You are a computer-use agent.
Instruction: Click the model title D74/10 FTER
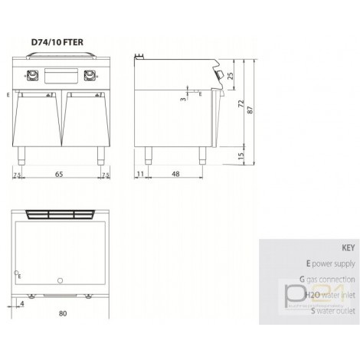[x=58, y=42]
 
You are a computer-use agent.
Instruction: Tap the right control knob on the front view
[x=91, y=75]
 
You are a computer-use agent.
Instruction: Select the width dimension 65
[x=61, y=175]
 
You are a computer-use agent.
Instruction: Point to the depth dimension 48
[x=175, y=175]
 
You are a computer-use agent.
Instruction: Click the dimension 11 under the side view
[x=140, y=175]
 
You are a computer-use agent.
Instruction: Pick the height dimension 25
[x=231, y=74]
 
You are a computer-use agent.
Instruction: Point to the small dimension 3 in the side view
[x=183, y=99]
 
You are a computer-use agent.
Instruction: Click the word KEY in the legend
[x=346, y=249]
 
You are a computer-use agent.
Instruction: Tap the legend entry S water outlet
[x=322, y=310]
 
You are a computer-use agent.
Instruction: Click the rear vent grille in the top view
[x=61, y=213]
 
